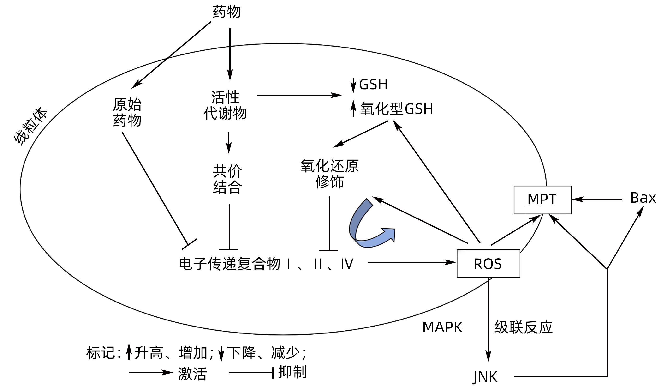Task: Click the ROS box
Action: pyautogui.click(x=488, y=264)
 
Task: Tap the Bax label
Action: pyautogui.click(x=643, y=198)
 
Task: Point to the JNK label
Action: pyautogui.click(x=485, y=376)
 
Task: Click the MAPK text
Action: pyautogui.click(x=442, y=327)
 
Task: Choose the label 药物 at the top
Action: pyautogui.click(x=226, y=12)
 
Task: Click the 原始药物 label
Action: pyautogui.click(x=127, y=112)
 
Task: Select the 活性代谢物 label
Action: pyautogui.click(x=225, y=105)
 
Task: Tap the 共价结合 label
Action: pyautogui.click(x=227, y=179)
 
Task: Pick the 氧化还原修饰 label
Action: pyautogui.click(x=329, y=174)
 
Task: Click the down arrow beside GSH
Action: pyautogui.click(x=353, y=85)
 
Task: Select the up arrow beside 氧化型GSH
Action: pyautogui.click(x=353, y=109)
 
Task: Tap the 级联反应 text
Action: pyautogui.click(x=523, y=327)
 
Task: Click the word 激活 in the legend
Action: pyautogui.click(x=192, y=374)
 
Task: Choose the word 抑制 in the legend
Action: pyautogui.click(x=292, y=372)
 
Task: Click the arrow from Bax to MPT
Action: pyautogui.click(x=597, y=199)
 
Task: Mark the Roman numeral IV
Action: pyautogui.click(x=347, y=264)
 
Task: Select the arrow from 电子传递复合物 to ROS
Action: pyautogui.click(x=411, y=262)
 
